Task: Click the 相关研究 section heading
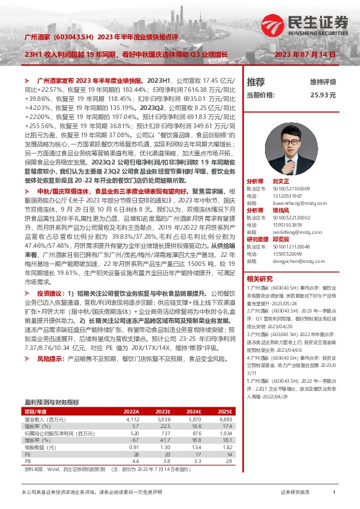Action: click(260, 262)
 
